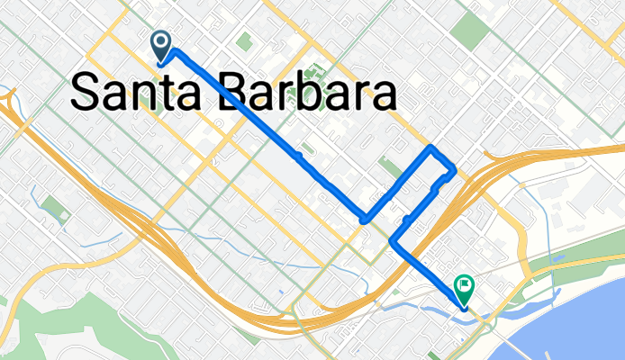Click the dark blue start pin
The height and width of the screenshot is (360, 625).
pyautogui.click(x=161, y=43)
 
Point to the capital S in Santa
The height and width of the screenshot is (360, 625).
pyautogui.click(x=86, y=94)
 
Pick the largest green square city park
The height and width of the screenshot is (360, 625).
pyautogui.click(x=470, y=31)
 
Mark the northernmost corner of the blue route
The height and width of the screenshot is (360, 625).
pyautogui.click(x=434, y=146)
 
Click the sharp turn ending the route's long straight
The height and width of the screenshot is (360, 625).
pyautogui.click(x=364, y=219)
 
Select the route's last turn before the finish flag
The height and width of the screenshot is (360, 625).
pyautogui.click(x=394, y=240)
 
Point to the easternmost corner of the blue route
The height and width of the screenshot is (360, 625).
pyautogui.click(x=454, y=169)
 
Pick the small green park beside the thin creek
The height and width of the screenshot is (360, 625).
pyautogui.click(x=54, y=209)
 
